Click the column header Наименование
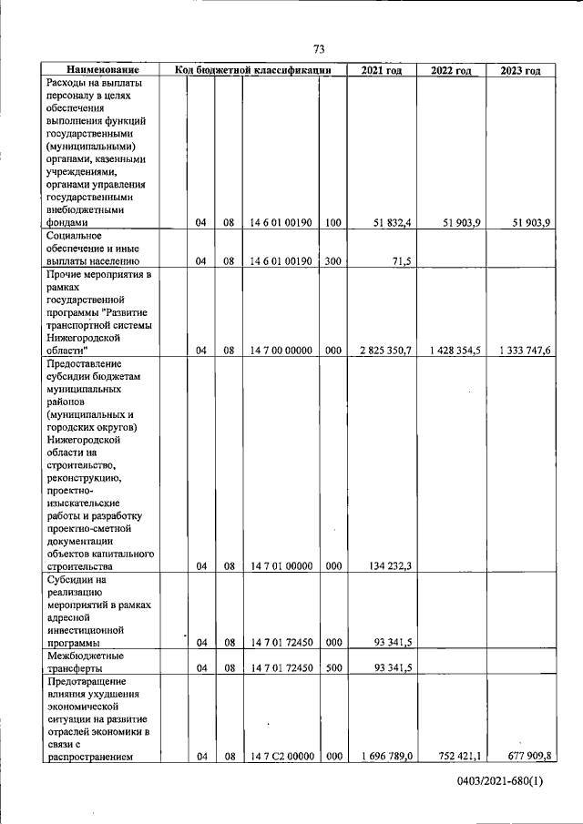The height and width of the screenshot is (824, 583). click(x=102, y=70)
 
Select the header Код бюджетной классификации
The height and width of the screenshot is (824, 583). click(x=252, y=70)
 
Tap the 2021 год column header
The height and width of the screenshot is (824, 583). click(x=381, y=70)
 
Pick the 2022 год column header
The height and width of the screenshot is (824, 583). click(x=451, y=70)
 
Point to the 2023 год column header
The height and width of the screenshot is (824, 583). click(x=520, y=70)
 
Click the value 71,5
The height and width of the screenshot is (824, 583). click(x=402, y=260)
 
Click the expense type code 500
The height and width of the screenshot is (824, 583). click(x=332, y=667)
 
